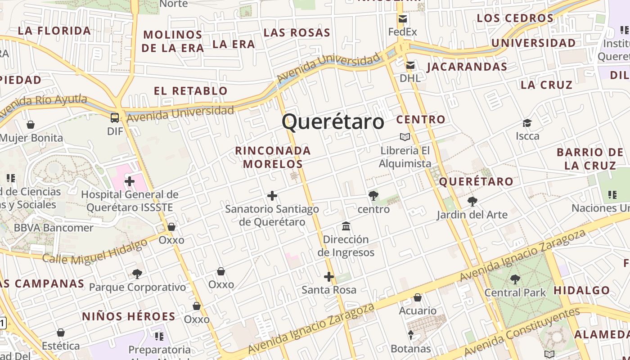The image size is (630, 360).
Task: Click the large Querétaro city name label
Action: pos(333,121)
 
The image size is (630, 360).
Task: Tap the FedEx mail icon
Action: pos(402,19)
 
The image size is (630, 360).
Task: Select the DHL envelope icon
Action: pos(410,66)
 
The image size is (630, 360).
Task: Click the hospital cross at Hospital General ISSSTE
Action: pos(130,181)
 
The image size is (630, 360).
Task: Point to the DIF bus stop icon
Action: pos(115,118)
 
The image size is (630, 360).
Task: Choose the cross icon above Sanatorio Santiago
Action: pos(272,196)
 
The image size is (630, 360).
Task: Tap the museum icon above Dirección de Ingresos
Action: pos(346,226)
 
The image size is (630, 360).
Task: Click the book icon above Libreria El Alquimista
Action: pos(405,137)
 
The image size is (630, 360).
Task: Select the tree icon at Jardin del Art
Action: pos(472,201)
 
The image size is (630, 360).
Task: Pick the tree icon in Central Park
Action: pos(515,279)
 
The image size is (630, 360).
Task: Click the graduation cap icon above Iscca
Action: pos(527,123)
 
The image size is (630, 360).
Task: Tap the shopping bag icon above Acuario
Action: pos(418,297)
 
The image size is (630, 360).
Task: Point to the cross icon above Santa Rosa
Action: pos(329,277)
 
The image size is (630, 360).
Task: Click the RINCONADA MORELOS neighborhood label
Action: pos(273,157)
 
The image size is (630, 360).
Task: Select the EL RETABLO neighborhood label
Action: pos(191,91)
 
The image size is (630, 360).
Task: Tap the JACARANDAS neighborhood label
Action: pos(467,67)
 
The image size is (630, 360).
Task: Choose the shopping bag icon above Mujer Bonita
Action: pos(31,125)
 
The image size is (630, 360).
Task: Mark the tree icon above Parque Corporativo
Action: pos(137,274)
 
